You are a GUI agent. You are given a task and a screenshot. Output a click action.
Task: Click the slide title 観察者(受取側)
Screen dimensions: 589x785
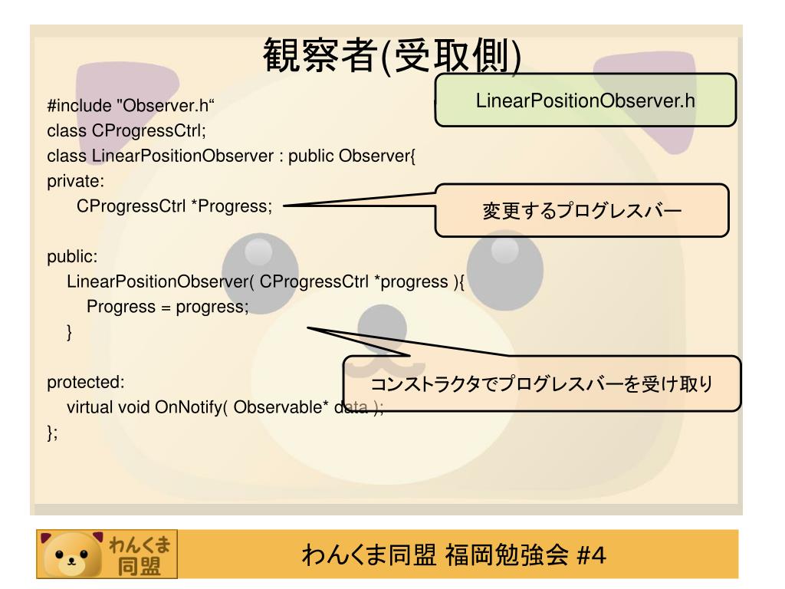point(392,58)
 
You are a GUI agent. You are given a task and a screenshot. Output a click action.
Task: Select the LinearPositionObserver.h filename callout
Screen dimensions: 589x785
point(586,100)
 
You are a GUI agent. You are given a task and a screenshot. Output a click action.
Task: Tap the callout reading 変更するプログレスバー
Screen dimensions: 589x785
point(582,211)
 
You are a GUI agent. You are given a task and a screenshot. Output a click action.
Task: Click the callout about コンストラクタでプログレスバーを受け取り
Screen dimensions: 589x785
point(542,383)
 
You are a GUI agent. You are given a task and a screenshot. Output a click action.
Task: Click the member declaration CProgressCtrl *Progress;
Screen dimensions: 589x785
point(175,206)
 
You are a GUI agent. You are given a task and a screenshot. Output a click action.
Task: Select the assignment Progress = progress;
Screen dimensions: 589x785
point(168,306)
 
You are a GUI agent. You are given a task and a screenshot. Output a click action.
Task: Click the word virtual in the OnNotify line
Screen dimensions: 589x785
point(90,406)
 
